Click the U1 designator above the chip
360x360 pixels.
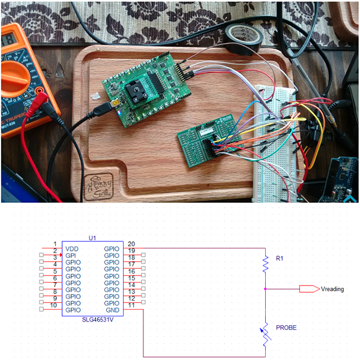(x=92, y=238)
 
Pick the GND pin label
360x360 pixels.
(x=112, y=310)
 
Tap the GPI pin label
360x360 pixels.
(x=70, y=255)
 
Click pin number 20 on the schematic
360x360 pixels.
(x=131, y=243)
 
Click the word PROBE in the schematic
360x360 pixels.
(x=287, y=328)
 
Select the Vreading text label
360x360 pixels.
(x=333, y=289)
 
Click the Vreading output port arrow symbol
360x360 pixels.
(x=308, y=289)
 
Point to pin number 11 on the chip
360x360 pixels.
(x=131, y=305)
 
